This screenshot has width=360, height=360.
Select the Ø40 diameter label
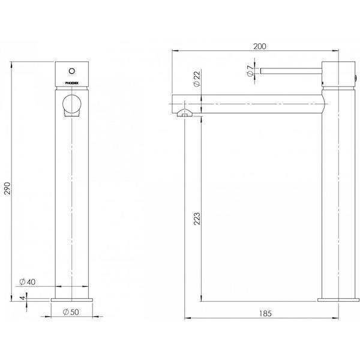[x=29, y=281]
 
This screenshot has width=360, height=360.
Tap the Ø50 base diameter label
[x=71, y=311]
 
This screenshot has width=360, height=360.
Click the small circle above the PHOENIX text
[x=72, y=68]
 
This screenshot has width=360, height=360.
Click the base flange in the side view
[x=340, y=298]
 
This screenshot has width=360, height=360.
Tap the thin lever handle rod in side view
[x=291, y=71]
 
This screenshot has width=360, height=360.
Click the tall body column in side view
[x=340, y=192]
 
